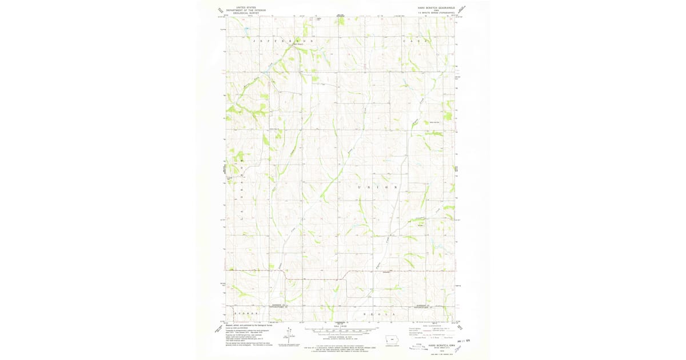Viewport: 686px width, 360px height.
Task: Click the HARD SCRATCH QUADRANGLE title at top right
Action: coord(437,8)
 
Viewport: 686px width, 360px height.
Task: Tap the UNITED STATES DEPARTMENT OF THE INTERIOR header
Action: coord(246,9)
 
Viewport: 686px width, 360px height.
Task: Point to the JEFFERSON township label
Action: coord(282,42)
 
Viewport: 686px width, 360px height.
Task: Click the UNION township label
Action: coord(376,187)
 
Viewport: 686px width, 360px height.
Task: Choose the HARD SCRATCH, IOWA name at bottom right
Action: coord(437,345)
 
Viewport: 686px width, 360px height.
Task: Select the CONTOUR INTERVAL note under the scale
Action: coord(342,337)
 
